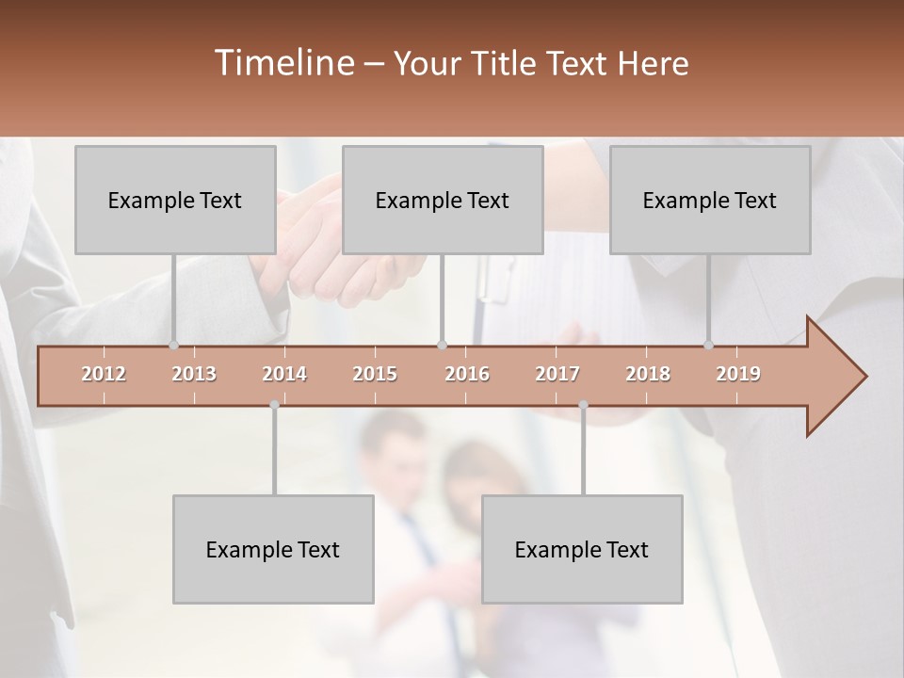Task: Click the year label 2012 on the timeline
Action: coord(104,374)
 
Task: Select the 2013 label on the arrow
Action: coord(194,374)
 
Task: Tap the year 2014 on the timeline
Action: coord(284,374)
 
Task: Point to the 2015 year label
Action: coord(375,374)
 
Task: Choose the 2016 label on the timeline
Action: coord(467,374)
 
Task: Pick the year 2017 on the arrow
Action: coord(557,374)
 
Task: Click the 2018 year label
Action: coord(648,374)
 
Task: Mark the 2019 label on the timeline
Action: coord(738,374)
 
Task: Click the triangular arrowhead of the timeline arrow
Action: coord(834,377)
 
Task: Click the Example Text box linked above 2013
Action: coord(175,200)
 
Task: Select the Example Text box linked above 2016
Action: coord(443,200)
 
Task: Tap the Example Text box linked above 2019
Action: coord(710,200)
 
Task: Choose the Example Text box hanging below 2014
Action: coord(273,549)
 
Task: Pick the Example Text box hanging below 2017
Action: coord(582,549)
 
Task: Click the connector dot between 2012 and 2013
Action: coord(173,346)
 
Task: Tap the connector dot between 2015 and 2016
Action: coord(443,346)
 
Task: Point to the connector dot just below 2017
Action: coord(583,405)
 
